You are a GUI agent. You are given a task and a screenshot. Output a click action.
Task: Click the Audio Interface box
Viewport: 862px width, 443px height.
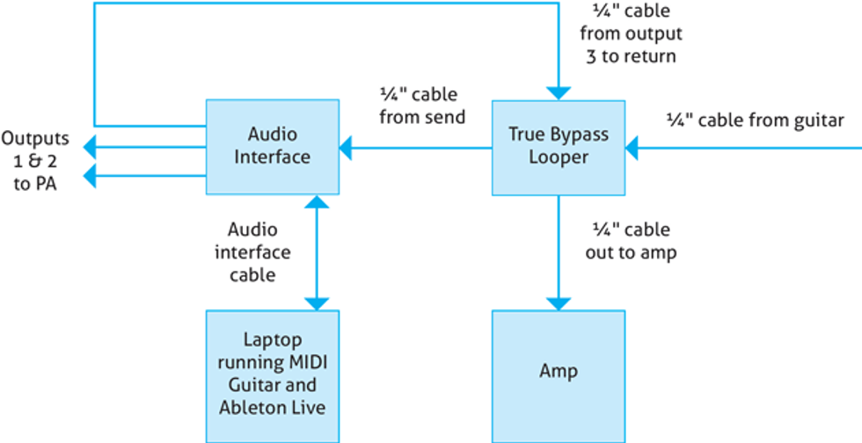(x=273, y=147)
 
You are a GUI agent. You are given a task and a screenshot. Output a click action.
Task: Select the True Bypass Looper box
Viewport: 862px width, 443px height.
(x=558, y=147)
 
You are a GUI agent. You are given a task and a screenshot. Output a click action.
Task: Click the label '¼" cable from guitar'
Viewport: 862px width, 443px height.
(x=756, y=121)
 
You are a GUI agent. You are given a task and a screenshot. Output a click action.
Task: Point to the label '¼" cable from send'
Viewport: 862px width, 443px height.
(x=421, y=105)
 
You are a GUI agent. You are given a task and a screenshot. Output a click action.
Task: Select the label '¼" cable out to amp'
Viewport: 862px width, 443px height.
(x=630, y=240)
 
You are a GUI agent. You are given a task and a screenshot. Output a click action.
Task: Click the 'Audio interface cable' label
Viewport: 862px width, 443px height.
(x=259, y=252)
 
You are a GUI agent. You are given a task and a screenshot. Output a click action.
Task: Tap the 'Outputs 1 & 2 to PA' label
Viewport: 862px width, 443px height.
(x=34, y=162)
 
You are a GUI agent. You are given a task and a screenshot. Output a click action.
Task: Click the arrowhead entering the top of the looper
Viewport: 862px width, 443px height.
(x=558, y=91)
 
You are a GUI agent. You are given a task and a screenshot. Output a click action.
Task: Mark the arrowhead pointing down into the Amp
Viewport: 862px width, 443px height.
(x=558, y=301)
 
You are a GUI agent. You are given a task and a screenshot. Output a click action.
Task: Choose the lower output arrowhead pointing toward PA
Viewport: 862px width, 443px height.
(x=88, y=177)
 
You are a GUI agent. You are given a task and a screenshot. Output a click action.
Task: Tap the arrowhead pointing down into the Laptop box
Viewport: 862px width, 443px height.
(x=315, y=301)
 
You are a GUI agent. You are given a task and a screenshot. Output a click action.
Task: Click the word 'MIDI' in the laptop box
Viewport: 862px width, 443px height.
(x=310, y=362)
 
